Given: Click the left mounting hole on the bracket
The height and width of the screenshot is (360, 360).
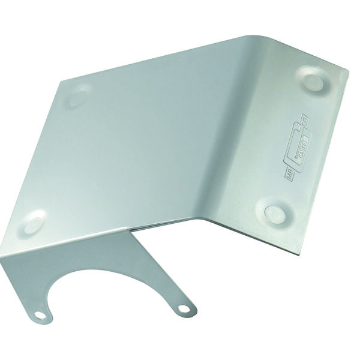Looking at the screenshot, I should [40, 314].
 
